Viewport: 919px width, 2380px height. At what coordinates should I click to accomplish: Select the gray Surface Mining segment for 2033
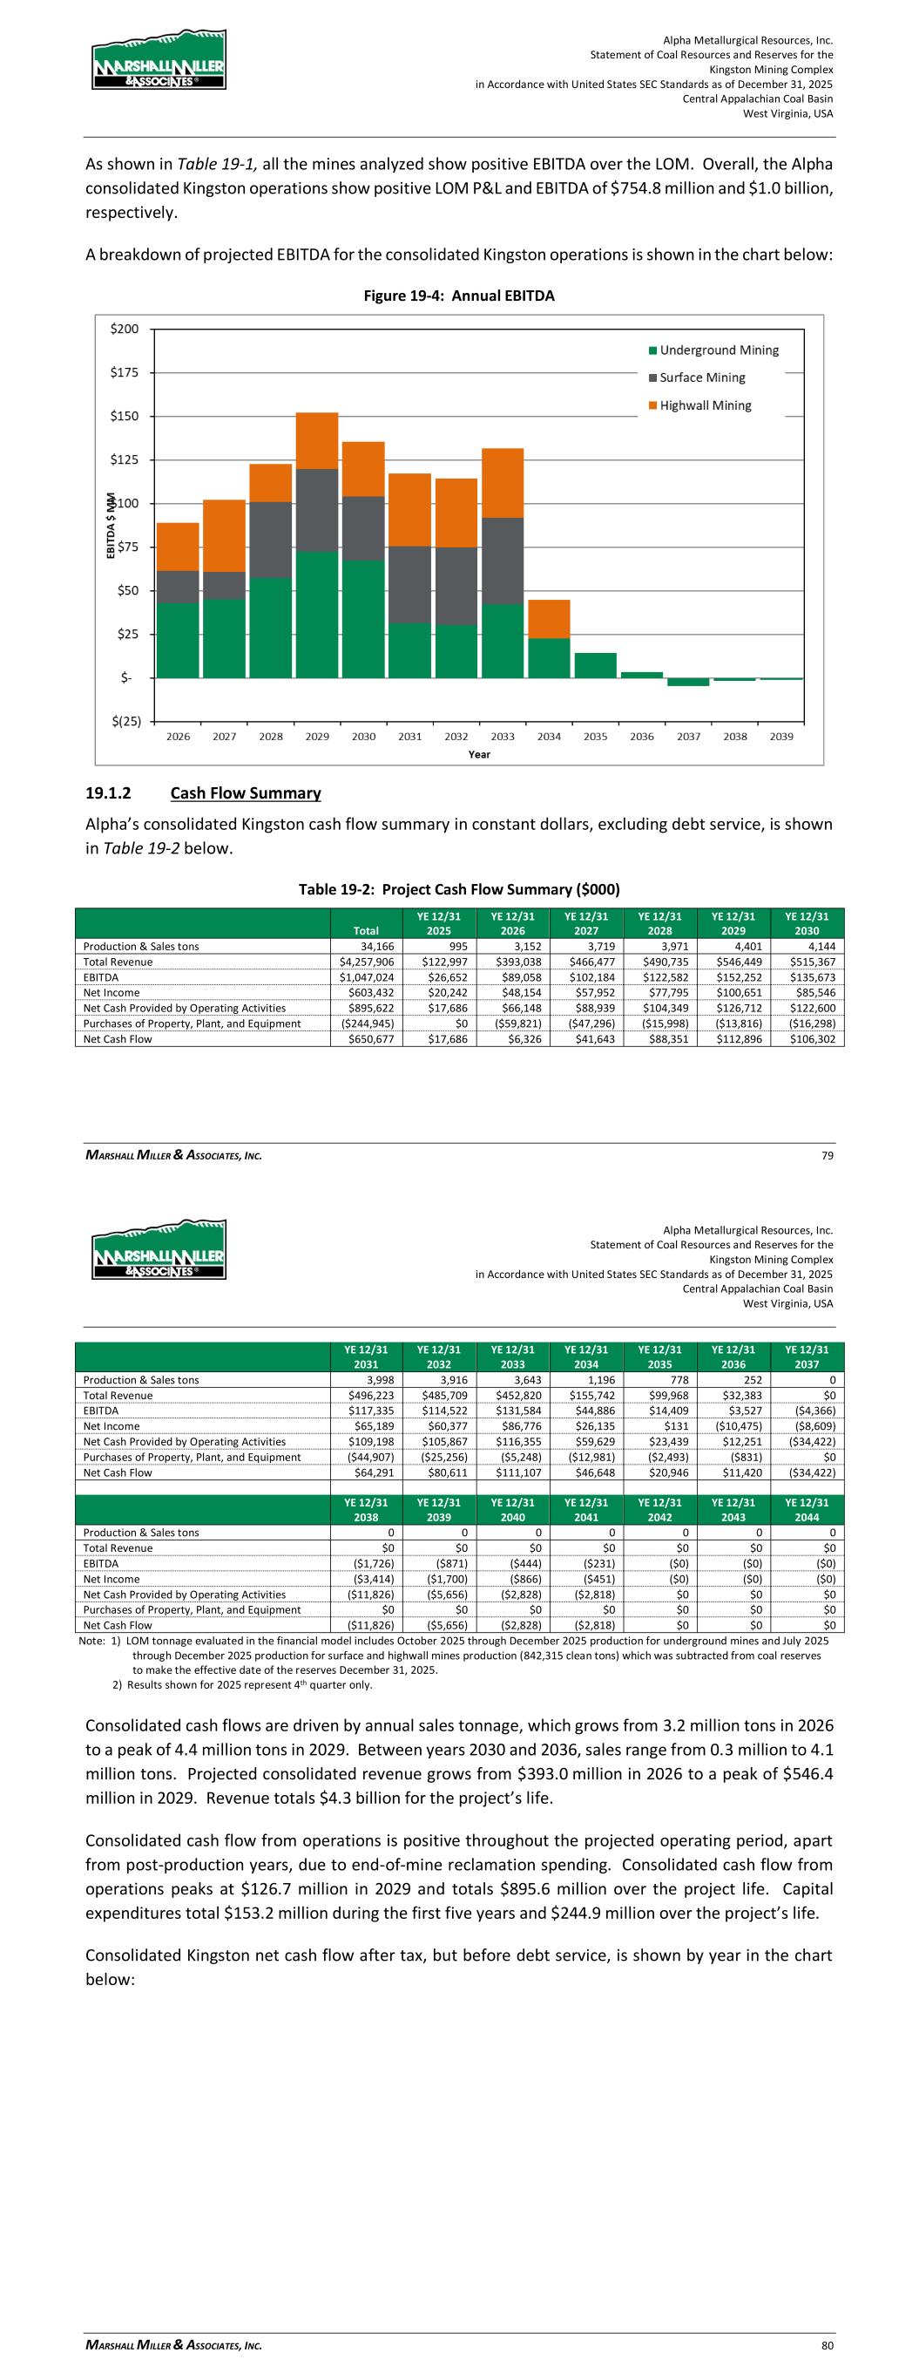(503, 560)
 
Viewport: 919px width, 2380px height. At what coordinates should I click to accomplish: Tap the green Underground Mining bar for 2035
(595, 665)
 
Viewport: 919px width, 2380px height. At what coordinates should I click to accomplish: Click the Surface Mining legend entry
(701, 377)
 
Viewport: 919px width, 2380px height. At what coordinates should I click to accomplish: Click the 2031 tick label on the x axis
(409, 737)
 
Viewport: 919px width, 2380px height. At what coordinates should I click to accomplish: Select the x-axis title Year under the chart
(479, 755)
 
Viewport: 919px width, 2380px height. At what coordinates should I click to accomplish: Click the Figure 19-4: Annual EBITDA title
(459, 296)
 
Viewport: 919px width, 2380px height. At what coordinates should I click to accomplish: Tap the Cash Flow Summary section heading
(245, 792)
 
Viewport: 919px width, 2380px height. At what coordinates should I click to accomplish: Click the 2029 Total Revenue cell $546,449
(734, 962)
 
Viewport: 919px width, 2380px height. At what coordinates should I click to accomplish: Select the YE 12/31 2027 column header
(586, 923)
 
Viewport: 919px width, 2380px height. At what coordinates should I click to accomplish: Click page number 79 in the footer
(828, 1156)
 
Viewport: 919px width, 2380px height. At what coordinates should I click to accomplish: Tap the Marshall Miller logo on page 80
(159, 1249)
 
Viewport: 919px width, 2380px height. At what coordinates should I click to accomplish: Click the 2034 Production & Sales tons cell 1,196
(586, 1380)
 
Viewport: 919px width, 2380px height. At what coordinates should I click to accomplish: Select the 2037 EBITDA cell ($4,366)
(808, 1411)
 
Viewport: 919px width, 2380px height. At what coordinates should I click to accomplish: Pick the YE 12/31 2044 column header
(808, 1509)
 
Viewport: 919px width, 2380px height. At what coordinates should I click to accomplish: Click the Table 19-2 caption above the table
(459, 890)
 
